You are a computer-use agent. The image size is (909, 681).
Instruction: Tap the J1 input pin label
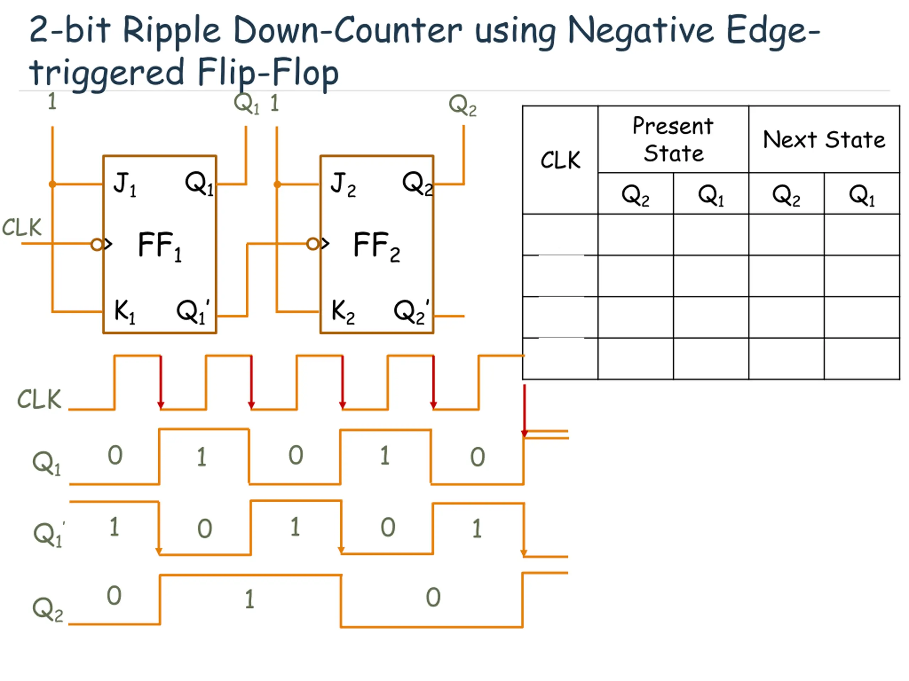click(x=125, y=184)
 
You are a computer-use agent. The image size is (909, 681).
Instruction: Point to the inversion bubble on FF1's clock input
click(x=97, y=245)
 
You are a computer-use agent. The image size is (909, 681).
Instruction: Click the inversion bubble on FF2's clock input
click(x=312, y=244)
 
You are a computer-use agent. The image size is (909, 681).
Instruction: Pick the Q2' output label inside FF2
click(x=410, y=311)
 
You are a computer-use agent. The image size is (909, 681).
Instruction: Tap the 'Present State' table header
click(x=673, y=139)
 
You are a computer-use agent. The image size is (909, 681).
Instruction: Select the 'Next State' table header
click(x=824, y=139)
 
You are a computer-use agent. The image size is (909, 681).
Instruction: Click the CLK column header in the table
click(x=560, y=160)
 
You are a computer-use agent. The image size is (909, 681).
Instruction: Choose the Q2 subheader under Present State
click(x=635, y=195)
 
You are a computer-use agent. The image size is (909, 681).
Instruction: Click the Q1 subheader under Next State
click(x=862, y=195)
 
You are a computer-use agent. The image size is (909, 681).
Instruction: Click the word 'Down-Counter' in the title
click(x=348, y=31)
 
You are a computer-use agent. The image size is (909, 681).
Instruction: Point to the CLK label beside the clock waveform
click(x=39, y=399)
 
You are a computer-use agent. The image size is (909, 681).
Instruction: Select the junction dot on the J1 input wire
click(x=53, y=184)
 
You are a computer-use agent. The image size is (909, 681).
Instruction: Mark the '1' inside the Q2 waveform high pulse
click(x=249, y=599)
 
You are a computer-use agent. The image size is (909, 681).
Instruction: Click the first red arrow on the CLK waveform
click(x=161, y=382)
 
